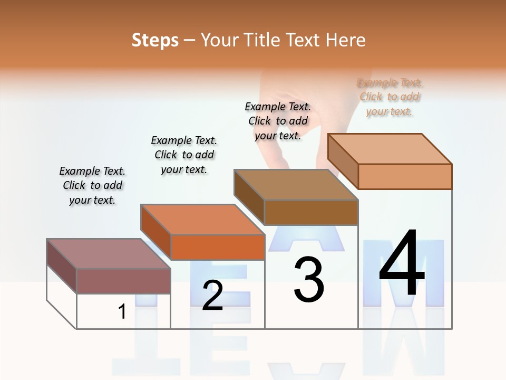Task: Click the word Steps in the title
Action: (x=155, y=40)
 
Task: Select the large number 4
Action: (x=402, y=264)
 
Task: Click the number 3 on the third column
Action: (x=309, y=280)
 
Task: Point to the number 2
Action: (x=212, y=296)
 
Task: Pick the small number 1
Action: (x=122, y=311)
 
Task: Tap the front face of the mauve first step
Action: (x=123, y=281)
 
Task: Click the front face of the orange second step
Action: (x=217, y=247)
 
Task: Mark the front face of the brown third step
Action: (x=311, y=212)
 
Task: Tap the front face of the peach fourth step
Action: (x=405, y=176)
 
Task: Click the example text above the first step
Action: (x=92, y=185)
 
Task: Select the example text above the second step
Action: (x=184, y=155)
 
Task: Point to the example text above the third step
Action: (x=278, y=121)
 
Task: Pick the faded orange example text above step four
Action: (x=390, y=97)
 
